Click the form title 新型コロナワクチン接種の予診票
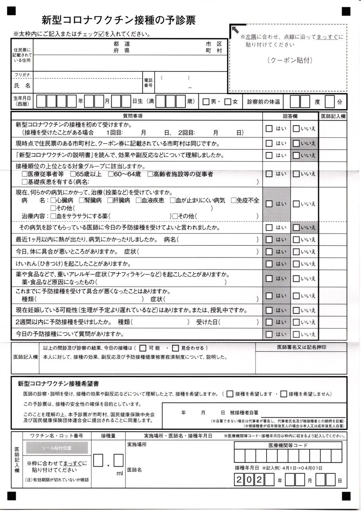(118, 20)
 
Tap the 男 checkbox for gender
(206, 102)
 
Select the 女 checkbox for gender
(228, 102)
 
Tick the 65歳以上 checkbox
(73, 174)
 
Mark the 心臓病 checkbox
(53, 200)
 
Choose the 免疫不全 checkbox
(233, 200)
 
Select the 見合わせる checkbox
(177, 348)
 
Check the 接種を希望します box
(230, 394)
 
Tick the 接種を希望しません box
(284, 394)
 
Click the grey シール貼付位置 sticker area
(57, 448)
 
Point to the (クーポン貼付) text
(289, 61)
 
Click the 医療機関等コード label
(288, 446)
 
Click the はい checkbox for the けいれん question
(269, 264)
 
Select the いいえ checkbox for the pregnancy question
(296, 310)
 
